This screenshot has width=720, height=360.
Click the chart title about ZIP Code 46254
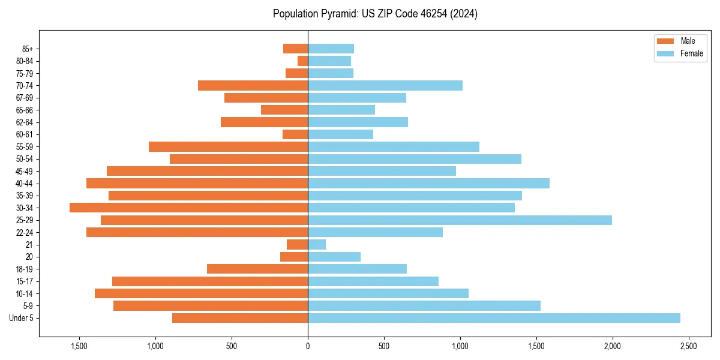(x=375, y=14)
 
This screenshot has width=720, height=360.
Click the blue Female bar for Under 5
(x=494, y=318)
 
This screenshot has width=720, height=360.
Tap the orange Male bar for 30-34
(x=188, y=208)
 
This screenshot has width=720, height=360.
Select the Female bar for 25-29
(x=460, y=220)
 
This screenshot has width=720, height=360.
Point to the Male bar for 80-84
(x=303, y=61)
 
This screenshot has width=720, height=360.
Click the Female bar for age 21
(x=317, y=245)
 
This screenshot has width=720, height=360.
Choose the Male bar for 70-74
(x=253, y=85)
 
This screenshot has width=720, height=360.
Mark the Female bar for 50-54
(x=415, y=159)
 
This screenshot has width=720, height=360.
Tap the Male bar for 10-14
(x=201, y=293)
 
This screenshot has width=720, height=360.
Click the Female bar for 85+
(x=331, y=49)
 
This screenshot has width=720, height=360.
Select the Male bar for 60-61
(x=295, y=134)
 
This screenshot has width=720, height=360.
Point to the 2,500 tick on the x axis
(x=688, y=346)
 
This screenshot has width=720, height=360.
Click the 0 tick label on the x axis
(x=308, y=346)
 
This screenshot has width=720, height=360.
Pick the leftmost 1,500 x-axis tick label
(x=79, y=346)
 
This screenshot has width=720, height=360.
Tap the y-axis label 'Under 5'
(x=22, y=318)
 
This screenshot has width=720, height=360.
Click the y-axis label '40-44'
(x=25, y=184)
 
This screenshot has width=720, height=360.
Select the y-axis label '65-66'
(x=25, y=110)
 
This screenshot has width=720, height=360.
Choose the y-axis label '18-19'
(x=25, y=269)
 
